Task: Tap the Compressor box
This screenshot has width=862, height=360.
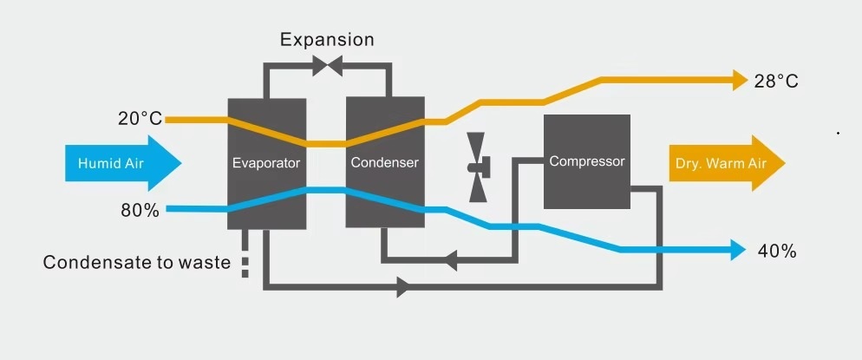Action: click(x=586, y=161)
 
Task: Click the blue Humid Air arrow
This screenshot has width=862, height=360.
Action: click(x=122, y=163)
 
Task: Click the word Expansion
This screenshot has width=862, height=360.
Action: click(x=328, y=40)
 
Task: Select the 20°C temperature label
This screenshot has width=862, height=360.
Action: click(x=140, y=118)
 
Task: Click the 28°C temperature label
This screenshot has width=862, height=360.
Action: click(x=776, y=82)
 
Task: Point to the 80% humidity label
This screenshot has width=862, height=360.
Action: click(x=140, y=210)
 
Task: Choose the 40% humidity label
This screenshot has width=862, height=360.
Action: click(x=776, y=252)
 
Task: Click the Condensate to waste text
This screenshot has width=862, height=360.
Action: click(x=137, y=263)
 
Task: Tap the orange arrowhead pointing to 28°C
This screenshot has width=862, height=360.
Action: click(x=740, y=82)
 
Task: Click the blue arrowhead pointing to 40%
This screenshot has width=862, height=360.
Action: click(x=739, y=251)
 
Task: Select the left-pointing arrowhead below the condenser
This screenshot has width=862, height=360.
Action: click(x=450, y=259)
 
